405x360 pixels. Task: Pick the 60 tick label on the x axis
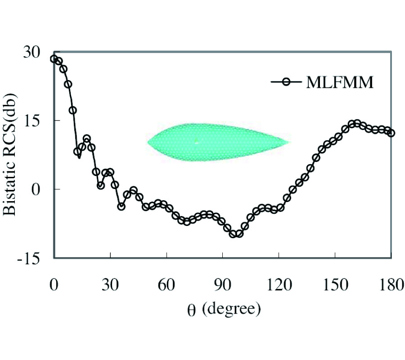tap(166, 286)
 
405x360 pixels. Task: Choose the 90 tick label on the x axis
tap(222, 286)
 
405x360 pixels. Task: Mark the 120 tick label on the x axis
tap(279, 286)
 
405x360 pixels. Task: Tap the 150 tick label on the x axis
tap(335, 286)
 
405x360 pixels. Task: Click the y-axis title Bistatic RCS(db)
tap(12, 154)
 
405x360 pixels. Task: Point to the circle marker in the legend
tap(285, 82)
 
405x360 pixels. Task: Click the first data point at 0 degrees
tap(54, 59)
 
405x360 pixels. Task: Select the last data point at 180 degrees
tap(391, 133)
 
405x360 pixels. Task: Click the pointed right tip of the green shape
tap(288, 143)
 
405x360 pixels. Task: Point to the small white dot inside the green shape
tap(197, 141)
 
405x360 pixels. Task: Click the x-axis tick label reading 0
tap(54, 286)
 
